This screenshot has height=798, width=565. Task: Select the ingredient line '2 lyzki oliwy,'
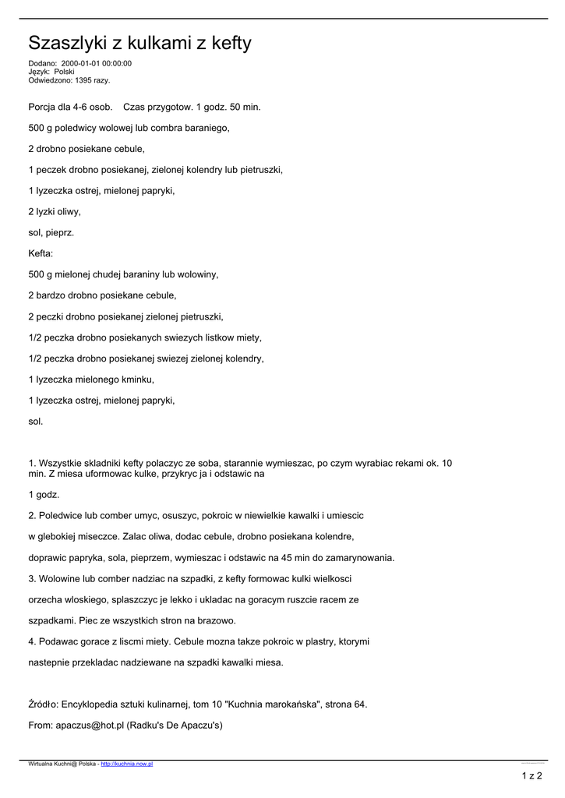(x=55, y=211)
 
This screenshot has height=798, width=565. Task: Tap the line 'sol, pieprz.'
(x=51, y=232)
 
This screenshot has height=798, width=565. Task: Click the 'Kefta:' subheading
(x=41, y=253)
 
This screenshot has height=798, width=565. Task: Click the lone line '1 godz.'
(x=44, y=494)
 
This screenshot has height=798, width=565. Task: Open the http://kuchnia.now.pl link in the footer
(x=127, y=764)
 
